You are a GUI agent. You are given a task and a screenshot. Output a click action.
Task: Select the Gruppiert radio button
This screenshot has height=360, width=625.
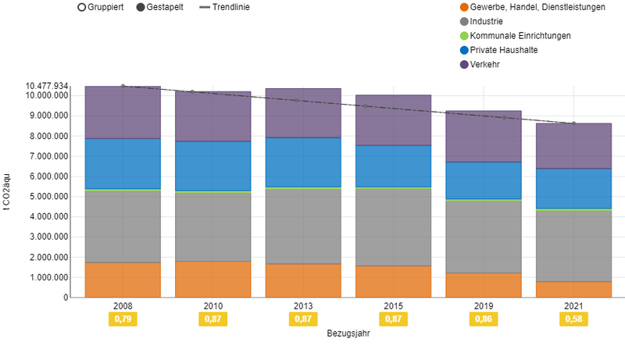[81, 7]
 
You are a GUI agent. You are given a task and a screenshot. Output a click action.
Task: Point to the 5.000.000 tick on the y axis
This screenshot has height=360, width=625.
[47, 197]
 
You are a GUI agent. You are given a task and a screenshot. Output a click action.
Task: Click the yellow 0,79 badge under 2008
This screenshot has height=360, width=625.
[123, 319]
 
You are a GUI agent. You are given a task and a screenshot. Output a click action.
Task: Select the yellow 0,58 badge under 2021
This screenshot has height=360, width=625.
[573, 319]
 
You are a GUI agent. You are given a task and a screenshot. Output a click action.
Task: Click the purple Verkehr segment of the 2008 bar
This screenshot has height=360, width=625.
[123, 112]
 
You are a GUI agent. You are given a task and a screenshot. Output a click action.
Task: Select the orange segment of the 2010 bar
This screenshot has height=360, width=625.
[212, 280]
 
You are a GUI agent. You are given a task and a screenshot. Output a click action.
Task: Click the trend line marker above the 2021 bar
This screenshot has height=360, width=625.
[573, 123]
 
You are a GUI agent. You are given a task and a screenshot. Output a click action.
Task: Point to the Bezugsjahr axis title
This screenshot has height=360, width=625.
[348, 333]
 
